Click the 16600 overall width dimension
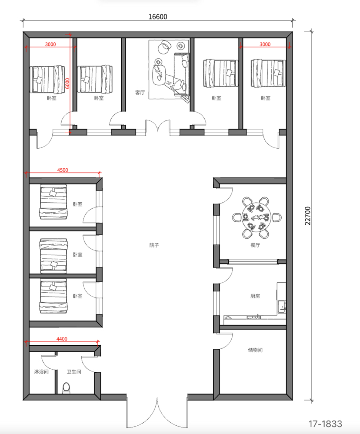[158, 17]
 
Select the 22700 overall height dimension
[308, 216]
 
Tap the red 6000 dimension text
[67, 83]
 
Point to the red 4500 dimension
[63, 170]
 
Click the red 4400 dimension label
[62, 339]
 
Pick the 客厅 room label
[140, 93]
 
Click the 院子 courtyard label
[154, 245]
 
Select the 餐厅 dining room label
[255, 245]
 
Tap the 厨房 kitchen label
[255, 296]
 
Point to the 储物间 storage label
[255, 350]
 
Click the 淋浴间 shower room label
[41, 372]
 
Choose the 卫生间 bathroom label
[74, 372]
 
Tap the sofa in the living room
[182, 74]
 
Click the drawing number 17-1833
[325, 424]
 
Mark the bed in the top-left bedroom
[47, 79]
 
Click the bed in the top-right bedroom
[268, 73]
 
